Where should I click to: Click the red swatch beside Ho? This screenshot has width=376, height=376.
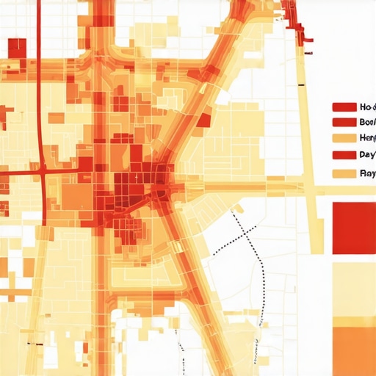pyautogui.click(x=344, y=106)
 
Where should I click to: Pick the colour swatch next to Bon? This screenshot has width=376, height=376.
pyautogui.click(x=344, y=122)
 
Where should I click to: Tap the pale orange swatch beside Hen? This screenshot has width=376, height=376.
pyautogui.click(x=344, y=138)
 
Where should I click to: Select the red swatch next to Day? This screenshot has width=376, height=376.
pyautogui.click(x=344, y=156)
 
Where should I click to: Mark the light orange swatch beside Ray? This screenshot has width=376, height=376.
pyautogui.click(x=344, y=174)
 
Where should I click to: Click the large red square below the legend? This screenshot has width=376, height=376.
pyautogui.click(x=354, y=228)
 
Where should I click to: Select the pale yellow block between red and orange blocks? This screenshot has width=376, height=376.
pyautogui.click(x=354, y=290)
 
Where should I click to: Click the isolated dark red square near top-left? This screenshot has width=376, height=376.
pyautogui.click(x=17, y=48)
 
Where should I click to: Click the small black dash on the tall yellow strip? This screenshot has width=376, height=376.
pyautogui.click(x=302, y=87)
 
